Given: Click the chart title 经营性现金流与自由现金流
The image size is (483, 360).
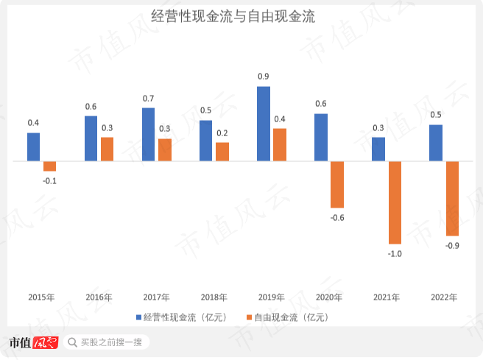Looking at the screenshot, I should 232,16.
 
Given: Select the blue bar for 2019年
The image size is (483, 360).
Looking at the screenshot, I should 264,124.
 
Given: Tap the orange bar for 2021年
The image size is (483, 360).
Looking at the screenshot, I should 395,202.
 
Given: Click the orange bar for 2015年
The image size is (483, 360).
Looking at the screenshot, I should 49,166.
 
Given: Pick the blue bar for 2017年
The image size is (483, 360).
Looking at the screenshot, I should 148,134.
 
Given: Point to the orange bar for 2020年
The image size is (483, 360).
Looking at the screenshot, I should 337,185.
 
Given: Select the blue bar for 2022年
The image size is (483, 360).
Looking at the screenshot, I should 436,143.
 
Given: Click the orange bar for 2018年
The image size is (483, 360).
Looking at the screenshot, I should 222,152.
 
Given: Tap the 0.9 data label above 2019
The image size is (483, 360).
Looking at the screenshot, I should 263,77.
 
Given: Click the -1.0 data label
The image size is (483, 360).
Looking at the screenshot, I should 395,254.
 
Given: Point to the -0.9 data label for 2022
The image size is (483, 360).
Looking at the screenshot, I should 453,246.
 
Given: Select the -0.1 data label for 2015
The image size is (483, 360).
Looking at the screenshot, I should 50,181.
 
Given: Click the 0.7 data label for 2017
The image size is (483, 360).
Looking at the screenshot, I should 148,99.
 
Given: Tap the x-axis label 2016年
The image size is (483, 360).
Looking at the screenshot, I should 99,297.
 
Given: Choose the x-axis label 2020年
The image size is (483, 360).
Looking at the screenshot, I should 328,297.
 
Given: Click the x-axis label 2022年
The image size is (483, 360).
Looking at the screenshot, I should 443,297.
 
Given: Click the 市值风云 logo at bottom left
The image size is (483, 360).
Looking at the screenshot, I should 33,342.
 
